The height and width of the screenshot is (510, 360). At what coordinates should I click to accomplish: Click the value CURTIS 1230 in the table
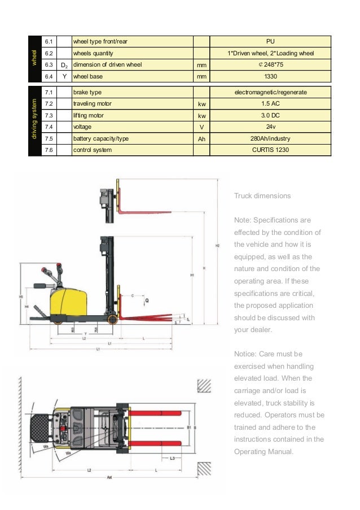[x=270, y=150]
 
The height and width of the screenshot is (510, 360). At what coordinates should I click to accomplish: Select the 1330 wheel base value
[x=270, y=76]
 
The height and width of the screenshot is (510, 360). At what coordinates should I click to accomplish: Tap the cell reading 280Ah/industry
[x=270, y=138]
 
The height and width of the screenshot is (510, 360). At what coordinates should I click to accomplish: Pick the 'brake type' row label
[x=87, y=92]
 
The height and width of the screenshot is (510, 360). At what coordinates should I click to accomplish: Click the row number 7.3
[x=49, y=115]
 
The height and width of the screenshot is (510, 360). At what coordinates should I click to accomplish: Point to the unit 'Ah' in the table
[x=201, y=138]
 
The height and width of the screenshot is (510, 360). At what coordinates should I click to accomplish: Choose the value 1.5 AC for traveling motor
[x=270, y=104]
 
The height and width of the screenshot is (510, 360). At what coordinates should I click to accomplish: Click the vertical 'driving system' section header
[x=34, y=121]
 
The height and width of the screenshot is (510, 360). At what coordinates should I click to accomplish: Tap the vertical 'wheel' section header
[x=34, y=59]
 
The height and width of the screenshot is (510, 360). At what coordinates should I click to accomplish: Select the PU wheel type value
[x=270, y=41]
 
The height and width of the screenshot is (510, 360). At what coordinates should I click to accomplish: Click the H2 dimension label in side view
[x=217, y=246]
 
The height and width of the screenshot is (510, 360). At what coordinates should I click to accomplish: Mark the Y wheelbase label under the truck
[x=85, y=333]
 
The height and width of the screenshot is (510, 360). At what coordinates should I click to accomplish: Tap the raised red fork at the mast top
[x=144, y=213]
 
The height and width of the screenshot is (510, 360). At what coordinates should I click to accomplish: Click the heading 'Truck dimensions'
[x=262, y=196]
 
